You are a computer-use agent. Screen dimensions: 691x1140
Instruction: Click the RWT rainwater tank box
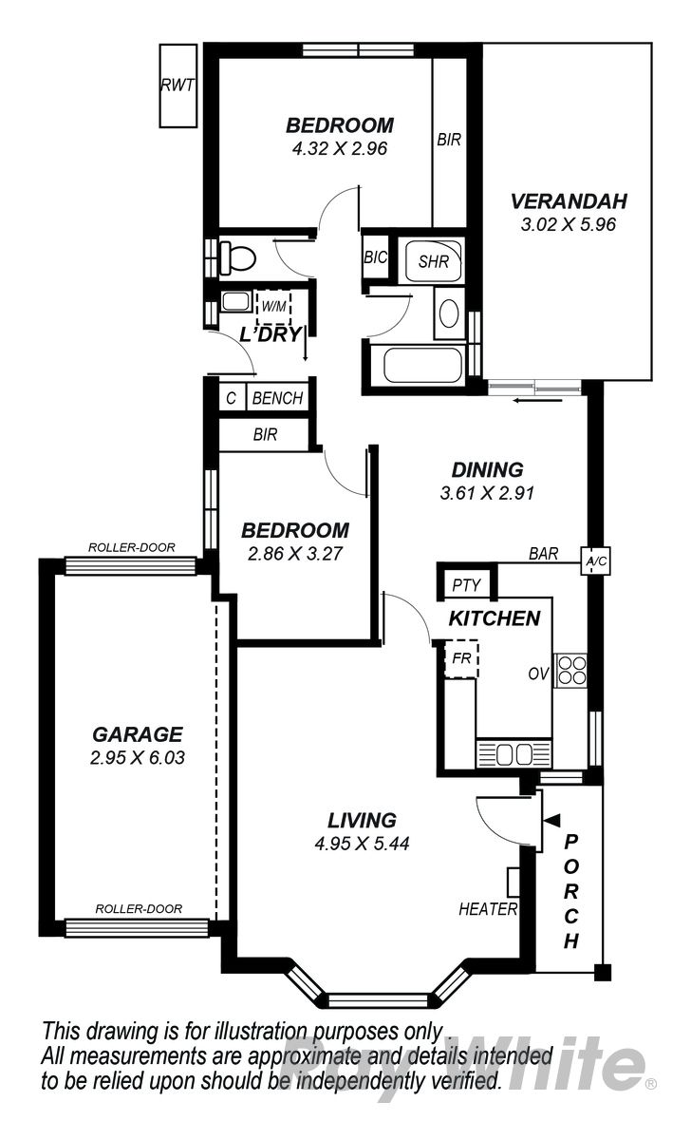177,85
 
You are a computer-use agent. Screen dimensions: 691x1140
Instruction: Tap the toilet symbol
237,257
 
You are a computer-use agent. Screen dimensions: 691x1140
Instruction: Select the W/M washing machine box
273,307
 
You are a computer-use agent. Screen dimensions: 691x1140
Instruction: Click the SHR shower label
433,261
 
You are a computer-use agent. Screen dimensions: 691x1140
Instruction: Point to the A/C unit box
596,560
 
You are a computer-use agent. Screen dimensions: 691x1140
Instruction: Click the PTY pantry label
466,585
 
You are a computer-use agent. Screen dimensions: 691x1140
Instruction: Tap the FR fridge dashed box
461,658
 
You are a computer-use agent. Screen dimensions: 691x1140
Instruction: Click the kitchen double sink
514,753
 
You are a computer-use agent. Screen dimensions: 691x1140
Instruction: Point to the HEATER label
488,909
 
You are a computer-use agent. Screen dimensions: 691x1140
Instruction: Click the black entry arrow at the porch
551,820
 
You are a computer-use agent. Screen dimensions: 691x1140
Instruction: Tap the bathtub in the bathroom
423,365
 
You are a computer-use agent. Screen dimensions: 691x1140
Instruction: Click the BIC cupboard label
375,257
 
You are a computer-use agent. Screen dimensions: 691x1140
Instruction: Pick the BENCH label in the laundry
277,398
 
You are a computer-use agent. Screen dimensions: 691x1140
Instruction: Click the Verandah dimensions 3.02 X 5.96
568,224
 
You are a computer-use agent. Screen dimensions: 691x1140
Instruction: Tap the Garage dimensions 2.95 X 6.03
138,758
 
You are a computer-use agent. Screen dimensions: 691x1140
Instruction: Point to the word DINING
487,469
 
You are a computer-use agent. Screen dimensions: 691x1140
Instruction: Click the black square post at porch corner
603,973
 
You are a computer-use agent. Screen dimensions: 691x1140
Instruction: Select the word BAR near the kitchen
543,553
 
